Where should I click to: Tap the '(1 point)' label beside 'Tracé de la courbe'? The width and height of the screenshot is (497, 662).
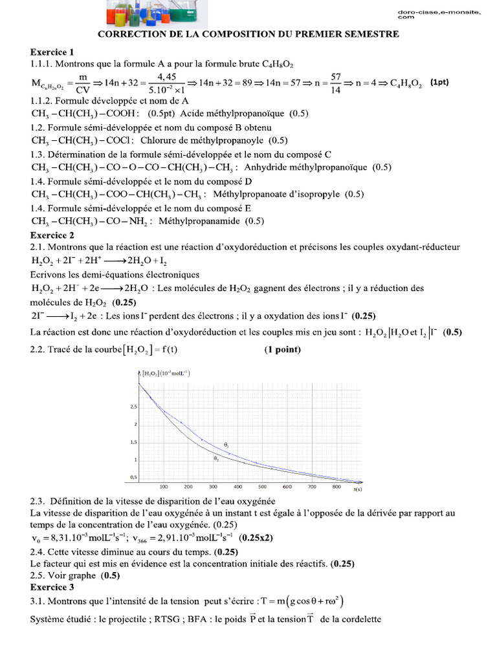[282, 350]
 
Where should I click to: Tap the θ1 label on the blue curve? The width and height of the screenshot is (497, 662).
[226, 445]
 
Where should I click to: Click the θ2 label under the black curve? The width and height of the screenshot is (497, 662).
[216, 458]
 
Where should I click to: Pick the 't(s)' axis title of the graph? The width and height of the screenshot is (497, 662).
[358, 489]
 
